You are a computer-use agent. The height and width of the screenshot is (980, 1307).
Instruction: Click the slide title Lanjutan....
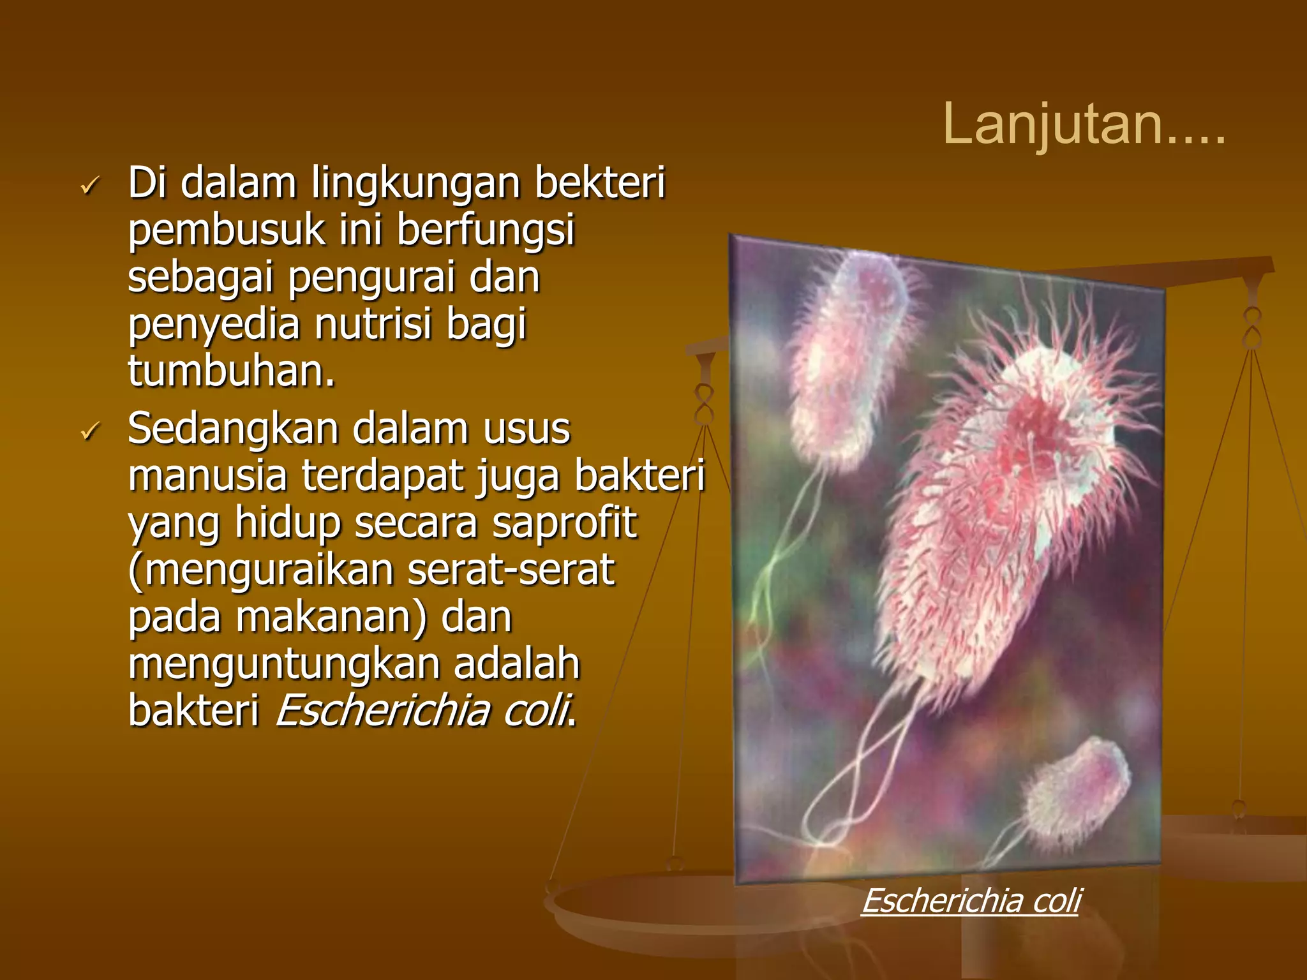(x=1083, y=124)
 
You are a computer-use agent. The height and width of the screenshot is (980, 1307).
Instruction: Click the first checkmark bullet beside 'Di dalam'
(x=89, y=186)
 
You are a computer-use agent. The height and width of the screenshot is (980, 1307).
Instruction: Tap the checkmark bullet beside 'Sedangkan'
(x=89, y=432)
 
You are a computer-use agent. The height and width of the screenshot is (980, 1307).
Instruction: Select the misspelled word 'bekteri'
(x=599, y=183)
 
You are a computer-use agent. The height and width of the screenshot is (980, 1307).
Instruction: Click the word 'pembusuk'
(x=226, y=230)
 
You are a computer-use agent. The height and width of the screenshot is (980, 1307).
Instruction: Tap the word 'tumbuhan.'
(x=231, y=371)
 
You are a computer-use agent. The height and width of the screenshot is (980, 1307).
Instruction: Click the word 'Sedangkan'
(x=233, y=429)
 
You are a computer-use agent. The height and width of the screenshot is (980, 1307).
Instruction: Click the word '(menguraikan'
(x=260, y=570)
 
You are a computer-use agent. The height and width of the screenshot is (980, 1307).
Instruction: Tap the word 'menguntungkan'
(x=284, y=664)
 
